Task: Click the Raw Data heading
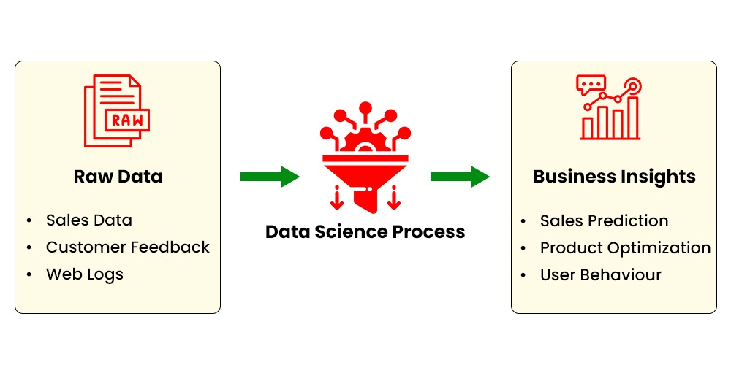(x=118, y=177)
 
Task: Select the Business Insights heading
(x=614, y=177)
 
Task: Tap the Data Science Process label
(x=365, y=232)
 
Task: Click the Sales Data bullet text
(x=88, y=220)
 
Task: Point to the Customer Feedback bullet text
(x=127, y=247)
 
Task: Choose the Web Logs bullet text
(x=84, y=274)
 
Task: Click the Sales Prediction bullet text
(x=604, y=220)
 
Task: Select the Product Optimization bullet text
(x=625, y=248)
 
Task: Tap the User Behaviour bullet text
(x=600, y=275)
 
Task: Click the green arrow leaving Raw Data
(x=270, y=177)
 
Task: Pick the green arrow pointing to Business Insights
(x=460, y=177)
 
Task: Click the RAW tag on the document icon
(x=127, y=120)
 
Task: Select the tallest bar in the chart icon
(x=632, y=118)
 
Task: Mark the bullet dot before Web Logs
(x=29, y=275)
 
